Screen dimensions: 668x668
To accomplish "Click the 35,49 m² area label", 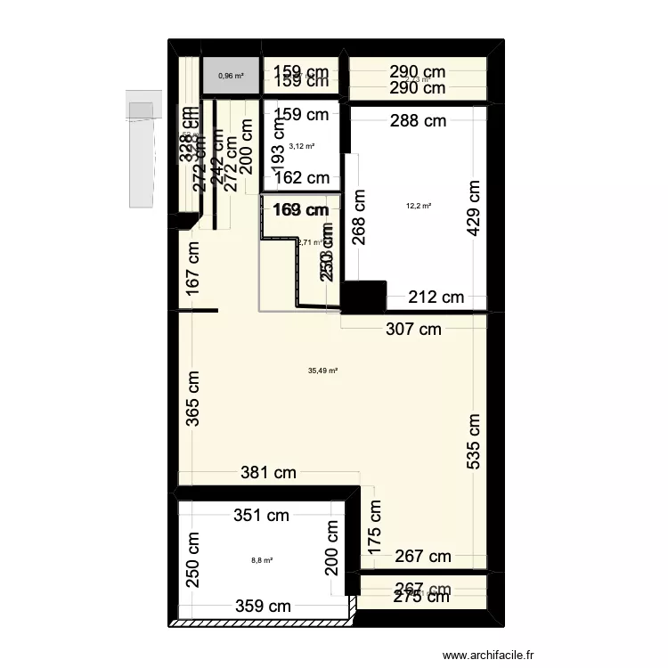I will (322, 371).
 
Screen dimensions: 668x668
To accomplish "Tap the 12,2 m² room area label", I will (419, 206).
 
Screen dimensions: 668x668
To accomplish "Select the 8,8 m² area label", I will (262, 560).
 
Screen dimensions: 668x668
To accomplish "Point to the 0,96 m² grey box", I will (232, 76).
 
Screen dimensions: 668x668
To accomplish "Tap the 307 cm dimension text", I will (411, 329).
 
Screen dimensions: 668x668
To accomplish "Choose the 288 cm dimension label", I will (417, 121).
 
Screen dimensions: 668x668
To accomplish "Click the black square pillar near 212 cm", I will (363, 297).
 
